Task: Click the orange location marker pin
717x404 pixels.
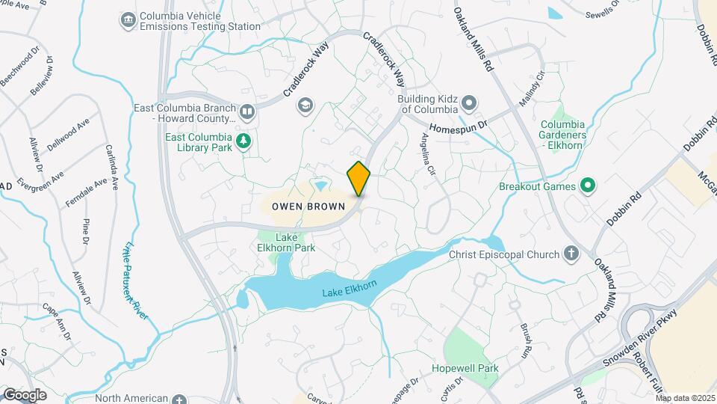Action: [359, 179]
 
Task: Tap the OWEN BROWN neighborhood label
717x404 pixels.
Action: [308, 205]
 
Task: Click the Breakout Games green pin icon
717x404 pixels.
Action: [587, 186]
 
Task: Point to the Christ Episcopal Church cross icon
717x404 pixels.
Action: [572, 254]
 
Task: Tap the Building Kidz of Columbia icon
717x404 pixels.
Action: [468, 102]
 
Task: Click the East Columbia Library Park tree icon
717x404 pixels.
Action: [243, 141]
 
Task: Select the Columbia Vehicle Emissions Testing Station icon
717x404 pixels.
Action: [128, 18]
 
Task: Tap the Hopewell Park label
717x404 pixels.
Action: [465, 369]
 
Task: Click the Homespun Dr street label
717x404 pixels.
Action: [457, 125]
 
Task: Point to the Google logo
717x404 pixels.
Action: [25, 394]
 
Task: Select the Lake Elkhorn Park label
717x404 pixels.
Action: [295, 242]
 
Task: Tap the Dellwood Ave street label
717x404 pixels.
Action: [69, 131]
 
